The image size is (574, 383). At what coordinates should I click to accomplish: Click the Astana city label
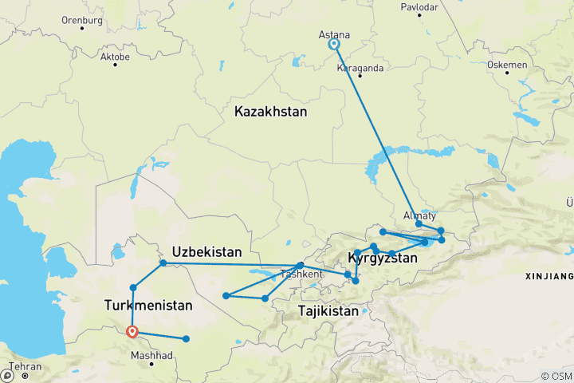point(333,34)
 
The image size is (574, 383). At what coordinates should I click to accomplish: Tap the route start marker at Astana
point(334,45)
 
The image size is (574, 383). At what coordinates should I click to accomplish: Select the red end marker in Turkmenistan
point(132,333)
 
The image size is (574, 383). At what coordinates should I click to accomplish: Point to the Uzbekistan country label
point(206,251)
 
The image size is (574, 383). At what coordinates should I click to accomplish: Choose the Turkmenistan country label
point(147,305)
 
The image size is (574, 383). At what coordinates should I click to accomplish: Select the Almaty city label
point(421,215)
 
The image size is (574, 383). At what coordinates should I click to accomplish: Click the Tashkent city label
point(301,274)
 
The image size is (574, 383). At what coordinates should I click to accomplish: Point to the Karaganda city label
point(360,69)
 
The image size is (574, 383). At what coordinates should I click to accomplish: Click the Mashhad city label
point(151,353)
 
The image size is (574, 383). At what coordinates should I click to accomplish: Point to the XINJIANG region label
point(550,276)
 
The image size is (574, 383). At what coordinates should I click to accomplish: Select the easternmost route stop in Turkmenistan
point(187,339)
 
